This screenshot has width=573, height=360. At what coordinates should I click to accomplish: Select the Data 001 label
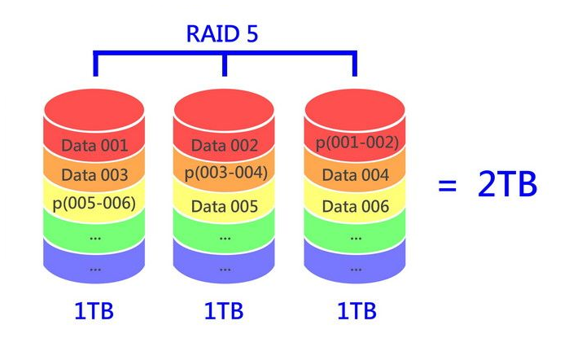click(x=94, y=147)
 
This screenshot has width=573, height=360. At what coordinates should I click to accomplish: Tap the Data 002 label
click(x=225, y=147)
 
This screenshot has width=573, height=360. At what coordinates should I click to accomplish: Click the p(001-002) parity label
click(x=356, y=143)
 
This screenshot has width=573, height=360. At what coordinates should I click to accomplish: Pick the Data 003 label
click(x=94, y=175)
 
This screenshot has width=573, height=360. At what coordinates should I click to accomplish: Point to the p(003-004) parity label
click(x=225, y=173)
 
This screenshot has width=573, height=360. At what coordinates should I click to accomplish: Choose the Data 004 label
click(x=355, y=175)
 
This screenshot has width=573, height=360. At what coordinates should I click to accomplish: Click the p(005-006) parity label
click(x=94, y=204)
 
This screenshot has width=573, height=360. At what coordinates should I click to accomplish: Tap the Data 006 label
click(x=355, y=207)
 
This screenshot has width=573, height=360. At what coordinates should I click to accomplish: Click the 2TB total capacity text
click(x=507, y=185)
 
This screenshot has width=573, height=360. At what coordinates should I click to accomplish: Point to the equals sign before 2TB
click(x=447, y=186)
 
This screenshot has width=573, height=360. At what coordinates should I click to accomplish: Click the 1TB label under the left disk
click(x=95, y=312)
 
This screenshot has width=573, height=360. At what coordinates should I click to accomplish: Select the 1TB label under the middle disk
click(x=225, y=312)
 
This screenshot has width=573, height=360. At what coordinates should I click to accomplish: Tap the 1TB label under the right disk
click(x=356, y=312)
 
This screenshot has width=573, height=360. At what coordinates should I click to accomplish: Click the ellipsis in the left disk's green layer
click(x=95, y=237)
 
